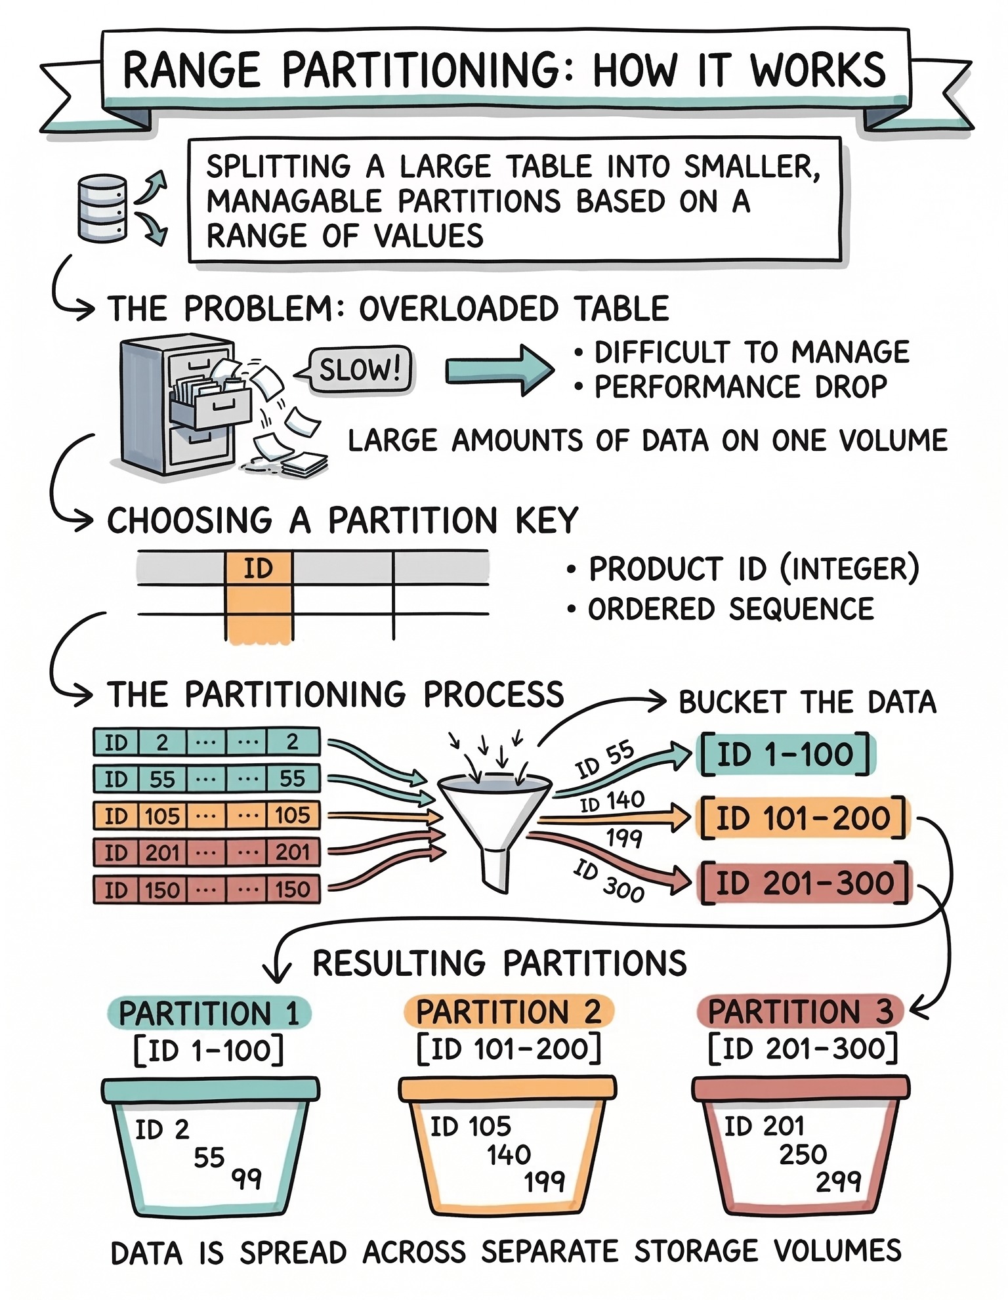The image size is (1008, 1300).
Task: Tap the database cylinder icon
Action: click(x=102, y=208)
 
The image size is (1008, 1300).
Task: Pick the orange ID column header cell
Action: click(x=259, y=568)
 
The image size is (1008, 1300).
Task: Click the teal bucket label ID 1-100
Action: click(x=786, y=755)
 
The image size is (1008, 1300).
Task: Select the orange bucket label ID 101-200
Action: click(x=802, y=818)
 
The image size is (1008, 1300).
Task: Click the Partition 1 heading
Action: click(x=209, y=1013)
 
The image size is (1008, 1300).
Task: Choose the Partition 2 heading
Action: click(x=509, y=1011)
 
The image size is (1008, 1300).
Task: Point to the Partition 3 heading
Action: click(x=801, y=1011)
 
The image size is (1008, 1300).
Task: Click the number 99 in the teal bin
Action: click(x=247, y=1179)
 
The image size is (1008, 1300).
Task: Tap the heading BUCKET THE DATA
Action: click(x=807, y=702)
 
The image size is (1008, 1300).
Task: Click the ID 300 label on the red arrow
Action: click(x=608, y=881)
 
